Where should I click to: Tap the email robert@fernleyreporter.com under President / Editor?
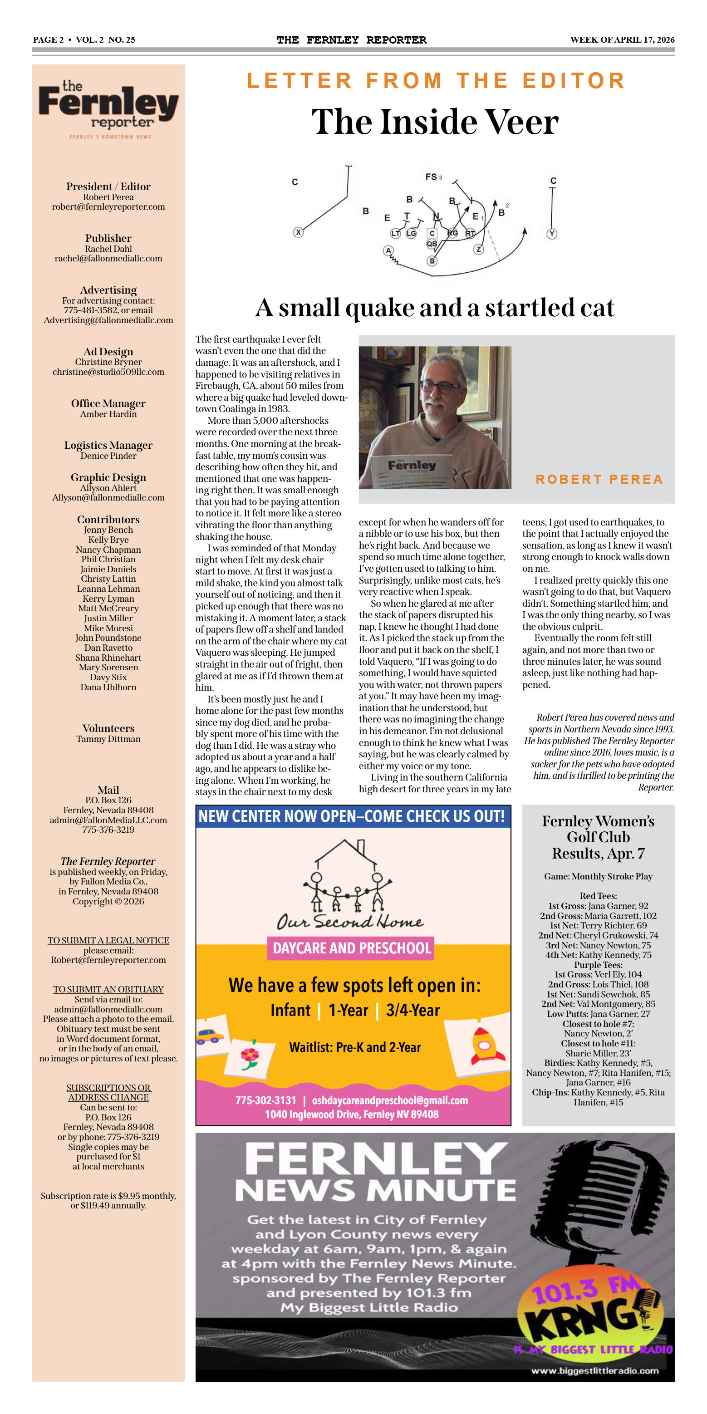pyautogui.click(x=108, y=207)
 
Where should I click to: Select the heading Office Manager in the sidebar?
pyautogui.click(x=108, y=403)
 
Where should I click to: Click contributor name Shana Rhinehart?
pyautogui.click(x=108, y=658)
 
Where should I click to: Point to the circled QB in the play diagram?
pyautogui.click(x=432, y=244)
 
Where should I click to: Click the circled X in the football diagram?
pyautogui.click(x=298, y=232)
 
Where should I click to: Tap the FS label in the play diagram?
pyautogui.click(x=432, y=177)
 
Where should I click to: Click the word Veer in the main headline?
pyautogui.click(x=521, y=122)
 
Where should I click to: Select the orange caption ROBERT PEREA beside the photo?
pyautogui.click(x=599, y=479)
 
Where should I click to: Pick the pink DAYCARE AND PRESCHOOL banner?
pyautogui.click(x=351, y=948)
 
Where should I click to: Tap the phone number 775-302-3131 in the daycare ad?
pyautogui.click(x=265, y=1100)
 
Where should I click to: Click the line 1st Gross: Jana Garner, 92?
pyautogui.click(x=598, y=906)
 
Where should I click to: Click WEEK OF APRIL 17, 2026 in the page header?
pyautogui.click(x=622, y=39)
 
